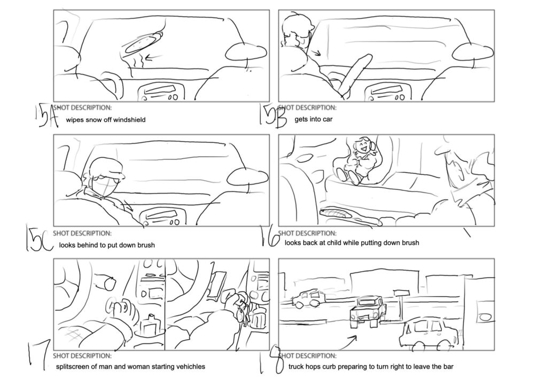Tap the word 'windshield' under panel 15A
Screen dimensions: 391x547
pyautogui.click(x=128, y=120)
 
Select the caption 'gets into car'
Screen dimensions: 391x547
pyautogui.click(x=314, y=119)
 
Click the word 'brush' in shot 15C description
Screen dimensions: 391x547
pyautogui.click(x=144, y=245)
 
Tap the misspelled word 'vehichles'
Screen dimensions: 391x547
pyautogui.click(x=186, y=366)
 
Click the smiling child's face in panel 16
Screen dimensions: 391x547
pyautogui.click(x=362, y=145)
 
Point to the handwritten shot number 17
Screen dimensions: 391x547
pyautogui.click(x=40, y=355)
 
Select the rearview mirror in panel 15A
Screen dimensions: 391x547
pyautogui.click(x=246, y=52)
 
